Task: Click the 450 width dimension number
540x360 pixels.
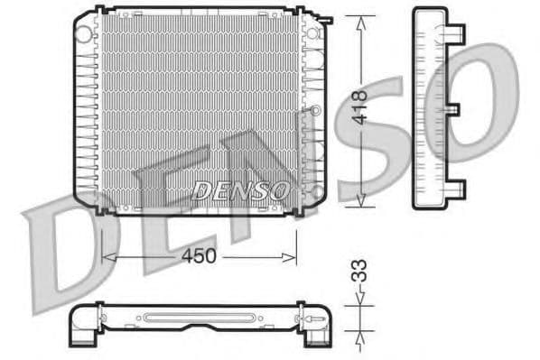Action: tap(200, 256)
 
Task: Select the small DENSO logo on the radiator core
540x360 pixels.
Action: tap(240, 190)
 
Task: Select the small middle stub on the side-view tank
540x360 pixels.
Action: tap(453, 109)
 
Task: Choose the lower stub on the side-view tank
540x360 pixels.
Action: tap(457, 189)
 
